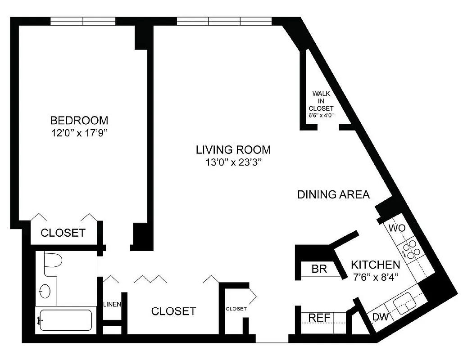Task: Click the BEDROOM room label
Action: click(79, 121)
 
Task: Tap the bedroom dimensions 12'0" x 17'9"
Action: click(79, 133)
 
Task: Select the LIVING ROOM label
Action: click(233, 149)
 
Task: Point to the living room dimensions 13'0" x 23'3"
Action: click(233, 162)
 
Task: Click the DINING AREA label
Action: click(334, 195)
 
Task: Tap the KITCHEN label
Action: click(375, 265)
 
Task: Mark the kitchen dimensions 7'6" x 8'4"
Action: click(375, 277)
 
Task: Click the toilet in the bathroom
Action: click(52, 263)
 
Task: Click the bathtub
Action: click(65, 320)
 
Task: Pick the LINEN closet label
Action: click(112, 305)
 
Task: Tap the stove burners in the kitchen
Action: click(411, 249)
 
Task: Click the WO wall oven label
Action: click(397, 228)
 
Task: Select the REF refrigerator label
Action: click(319, 318)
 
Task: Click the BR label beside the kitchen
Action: click(319, 269)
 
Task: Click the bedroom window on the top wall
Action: click(83, 21)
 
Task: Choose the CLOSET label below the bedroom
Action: click(63, 233)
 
